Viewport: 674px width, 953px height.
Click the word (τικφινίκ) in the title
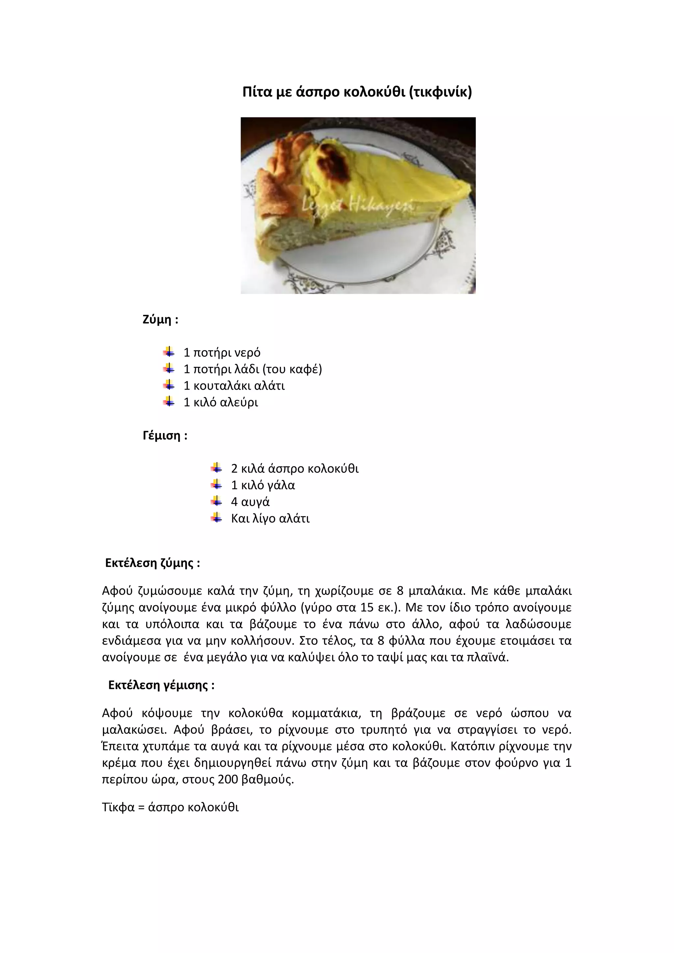440,92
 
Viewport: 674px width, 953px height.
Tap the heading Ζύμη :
160,320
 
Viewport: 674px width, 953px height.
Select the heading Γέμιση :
165,436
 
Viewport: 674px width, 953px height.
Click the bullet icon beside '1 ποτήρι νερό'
169,352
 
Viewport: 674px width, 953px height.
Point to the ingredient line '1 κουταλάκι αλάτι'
234,386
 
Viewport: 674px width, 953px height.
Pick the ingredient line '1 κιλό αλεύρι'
221,402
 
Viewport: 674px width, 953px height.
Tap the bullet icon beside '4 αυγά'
216,502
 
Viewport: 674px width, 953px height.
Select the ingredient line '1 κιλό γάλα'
263,485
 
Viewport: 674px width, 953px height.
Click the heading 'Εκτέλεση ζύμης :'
152,563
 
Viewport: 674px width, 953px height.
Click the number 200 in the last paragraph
227,780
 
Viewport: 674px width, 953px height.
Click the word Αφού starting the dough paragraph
117,591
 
